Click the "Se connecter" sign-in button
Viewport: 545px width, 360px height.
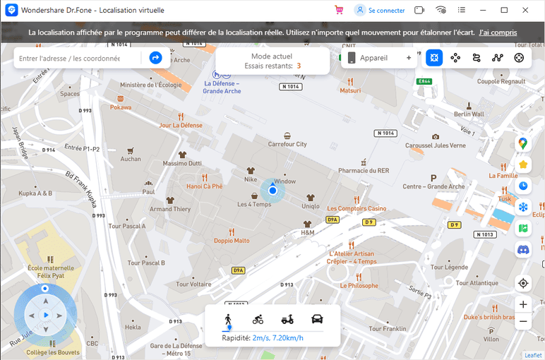coord(380,11)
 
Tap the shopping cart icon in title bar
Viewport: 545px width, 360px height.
coord(340,11)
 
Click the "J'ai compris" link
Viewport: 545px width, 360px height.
coord(498,33)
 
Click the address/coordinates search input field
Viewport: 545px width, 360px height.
coord(69,58)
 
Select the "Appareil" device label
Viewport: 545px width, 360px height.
coord(373,58)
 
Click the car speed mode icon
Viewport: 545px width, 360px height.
coord(317,318)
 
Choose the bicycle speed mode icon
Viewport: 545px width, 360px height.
coord(258,318)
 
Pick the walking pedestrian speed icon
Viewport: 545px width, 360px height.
coord(228,318)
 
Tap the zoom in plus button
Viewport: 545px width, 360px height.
coord(523,305)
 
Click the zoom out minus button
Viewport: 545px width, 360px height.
coord(523,321)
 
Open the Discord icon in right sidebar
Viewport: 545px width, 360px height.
coord(523,249)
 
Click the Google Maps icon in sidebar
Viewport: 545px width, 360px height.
coord(523,143)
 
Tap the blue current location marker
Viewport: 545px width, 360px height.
coord(272,191)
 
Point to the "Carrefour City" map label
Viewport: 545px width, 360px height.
coord(287,144)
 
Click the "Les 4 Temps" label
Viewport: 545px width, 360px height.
coord(254,205)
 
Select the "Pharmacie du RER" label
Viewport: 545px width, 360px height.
coord(364,170)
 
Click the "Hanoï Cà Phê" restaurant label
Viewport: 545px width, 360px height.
coord(204,186)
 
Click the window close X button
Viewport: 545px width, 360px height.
coord(525,11)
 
